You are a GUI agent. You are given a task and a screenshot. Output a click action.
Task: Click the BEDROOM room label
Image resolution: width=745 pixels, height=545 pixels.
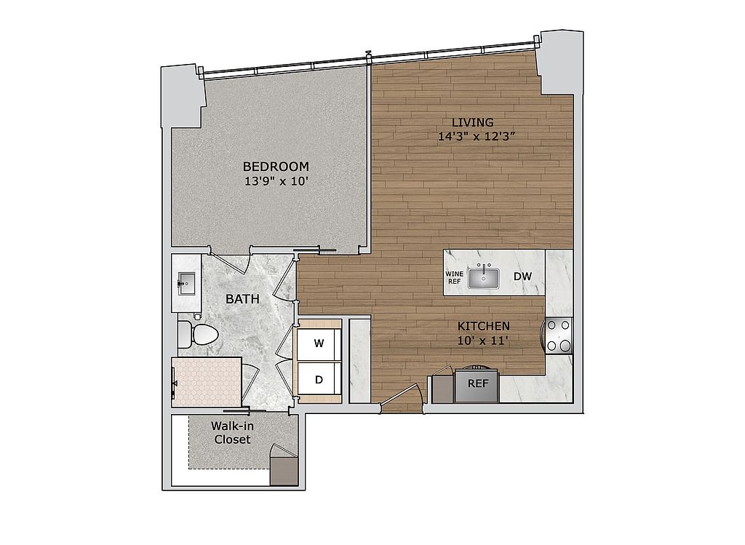[276, 166]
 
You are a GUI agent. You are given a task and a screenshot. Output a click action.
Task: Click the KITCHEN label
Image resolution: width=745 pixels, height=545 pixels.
[483, 326]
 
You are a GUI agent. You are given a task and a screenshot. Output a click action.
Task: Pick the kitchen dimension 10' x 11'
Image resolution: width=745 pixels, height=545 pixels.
[483, 340]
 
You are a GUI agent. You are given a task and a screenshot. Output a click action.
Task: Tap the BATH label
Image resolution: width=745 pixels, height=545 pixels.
[239, 299]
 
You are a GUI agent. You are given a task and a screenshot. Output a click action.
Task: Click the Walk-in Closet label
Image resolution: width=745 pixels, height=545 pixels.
[232, 432]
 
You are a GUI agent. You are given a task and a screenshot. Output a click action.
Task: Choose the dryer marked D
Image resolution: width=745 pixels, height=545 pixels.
[318, 378]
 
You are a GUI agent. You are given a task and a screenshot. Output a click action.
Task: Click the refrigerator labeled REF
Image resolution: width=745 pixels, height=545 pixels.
[477, 383]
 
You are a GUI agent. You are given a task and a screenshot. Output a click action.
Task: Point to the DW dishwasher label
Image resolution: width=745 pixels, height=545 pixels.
[522, 277]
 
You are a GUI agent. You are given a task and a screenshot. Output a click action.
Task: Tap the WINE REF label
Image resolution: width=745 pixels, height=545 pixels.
[454, 277]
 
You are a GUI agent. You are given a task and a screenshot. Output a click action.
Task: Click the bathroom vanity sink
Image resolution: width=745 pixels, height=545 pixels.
[186, 282]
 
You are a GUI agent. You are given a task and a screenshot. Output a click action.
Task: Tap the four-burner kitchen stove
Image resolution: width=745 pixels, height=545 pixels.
[559, 336]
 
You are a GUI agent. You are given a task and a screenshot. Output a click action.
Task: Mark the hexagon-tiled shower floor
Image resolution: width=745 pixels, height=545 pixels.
[207, 382]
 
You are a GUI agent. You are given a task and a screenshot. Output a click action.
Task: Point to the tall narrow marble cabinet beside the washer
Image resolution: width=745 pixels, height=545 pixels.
[359, 360]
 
